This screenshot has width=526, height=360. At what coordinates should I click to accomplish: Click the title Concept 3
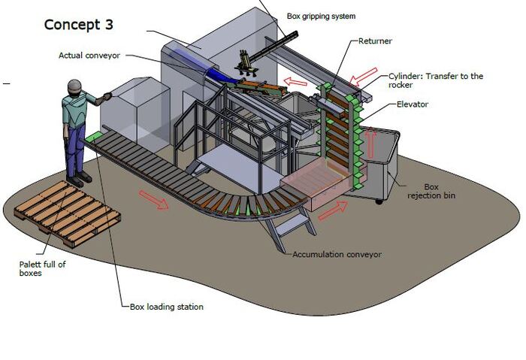[79, 24]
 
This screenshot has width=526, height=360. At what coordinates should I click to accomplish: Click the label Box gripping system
[321, 16]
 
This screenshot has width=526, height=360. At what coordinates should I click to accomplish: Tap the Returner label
[375, 41]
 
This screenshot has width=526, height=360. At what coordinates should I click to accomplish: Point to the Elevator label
[412, 104]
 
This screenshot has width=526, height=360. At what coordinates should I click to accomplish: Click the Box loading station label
[166, 307]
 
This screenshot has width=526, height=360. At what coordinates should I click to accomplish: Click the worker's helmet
[74, 86]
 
